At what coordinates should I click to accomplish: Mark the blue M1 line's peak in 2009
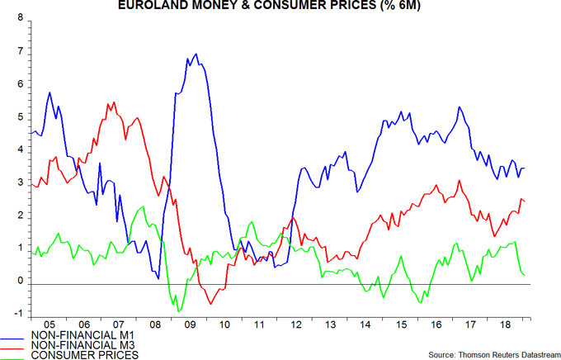pyautogui.click(x=196, y=54)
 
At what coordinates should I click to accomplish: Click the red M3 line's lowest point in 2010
pyautogui.click(x=210, y=304)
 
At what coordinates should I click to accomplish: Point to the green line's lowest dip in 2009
pyautogui.click(x=178, y=311)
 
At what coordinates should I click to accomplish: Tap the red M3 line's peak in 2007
pyautogui.click(x=113, y=102)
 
